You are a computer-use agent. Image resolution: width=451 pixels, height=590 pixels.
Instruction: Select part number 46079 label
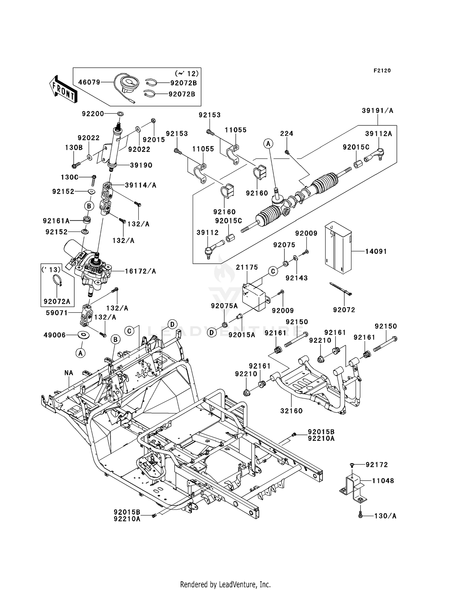[89, 82]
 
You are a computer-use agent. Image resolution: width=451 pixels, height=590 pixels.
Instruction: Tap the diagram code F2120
[382, 71]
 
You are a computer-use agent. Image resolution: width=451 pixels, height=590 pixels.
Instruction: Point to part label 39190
[141, 165]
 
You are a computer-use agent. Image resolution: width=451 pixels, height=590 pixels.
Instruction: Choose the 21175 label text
[247, 267]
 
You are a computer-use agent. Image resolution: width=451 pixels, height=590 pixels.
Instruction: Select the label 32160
[291, 411]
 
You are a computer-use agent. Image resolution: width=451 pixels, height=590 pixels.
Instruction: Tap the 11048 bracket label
[383, 481]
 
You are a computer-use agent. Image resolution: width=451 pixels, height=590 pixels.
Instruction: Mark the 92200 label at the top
[93, 114]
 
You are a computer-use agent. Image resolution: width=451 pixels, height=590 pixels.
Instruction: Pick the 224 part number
[287, 134]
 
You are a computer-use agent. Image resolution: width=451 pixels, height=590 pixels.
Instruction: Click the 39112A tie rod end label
[379, 134]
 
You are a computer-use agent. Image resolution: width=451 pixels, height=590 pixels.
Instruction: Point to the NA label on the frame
[69, 373]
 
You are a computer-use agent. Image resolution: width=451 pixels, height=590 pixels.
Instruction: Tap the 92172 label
[377, 465]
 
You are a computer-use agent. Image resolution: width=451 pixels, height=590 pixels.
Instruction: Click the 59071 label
[57, 313]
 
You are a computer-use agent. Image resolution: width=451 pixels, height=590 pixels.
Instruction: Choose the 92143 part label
[296, 278]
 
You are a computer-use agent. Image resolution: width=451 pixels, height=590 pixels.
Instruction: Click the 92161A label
[56, 221]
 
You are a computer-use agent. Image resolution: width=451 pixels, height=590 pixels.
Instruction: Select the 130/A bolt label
[385, 516]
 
